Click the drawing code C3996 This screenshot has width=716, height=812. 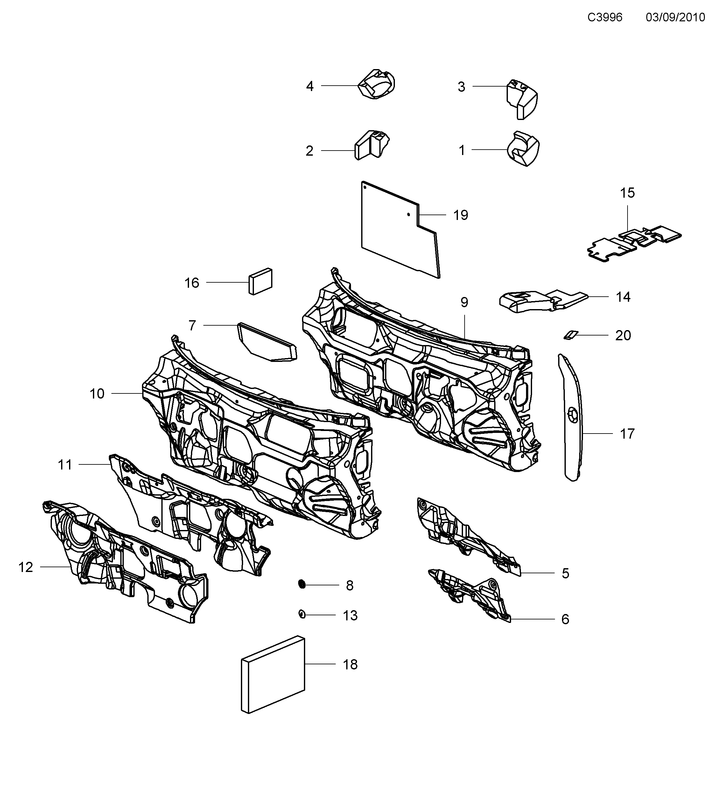(605, 18)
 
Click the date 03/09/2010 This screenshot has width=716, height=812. (675, 18)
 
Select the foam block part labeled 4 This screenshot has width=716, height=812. (376, 84)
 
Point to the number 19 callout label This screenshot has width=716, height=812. (461, 215)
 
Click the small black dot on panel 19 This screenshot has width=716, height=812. (408, 215)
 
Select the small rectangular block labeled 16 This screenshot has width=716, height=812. (261, 281)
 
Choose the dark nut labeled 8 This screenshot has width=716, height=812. (302, 584)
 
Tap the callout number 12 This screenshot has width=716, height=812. (25, 567)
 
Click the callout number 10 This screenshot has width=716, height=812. (96, 394)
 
